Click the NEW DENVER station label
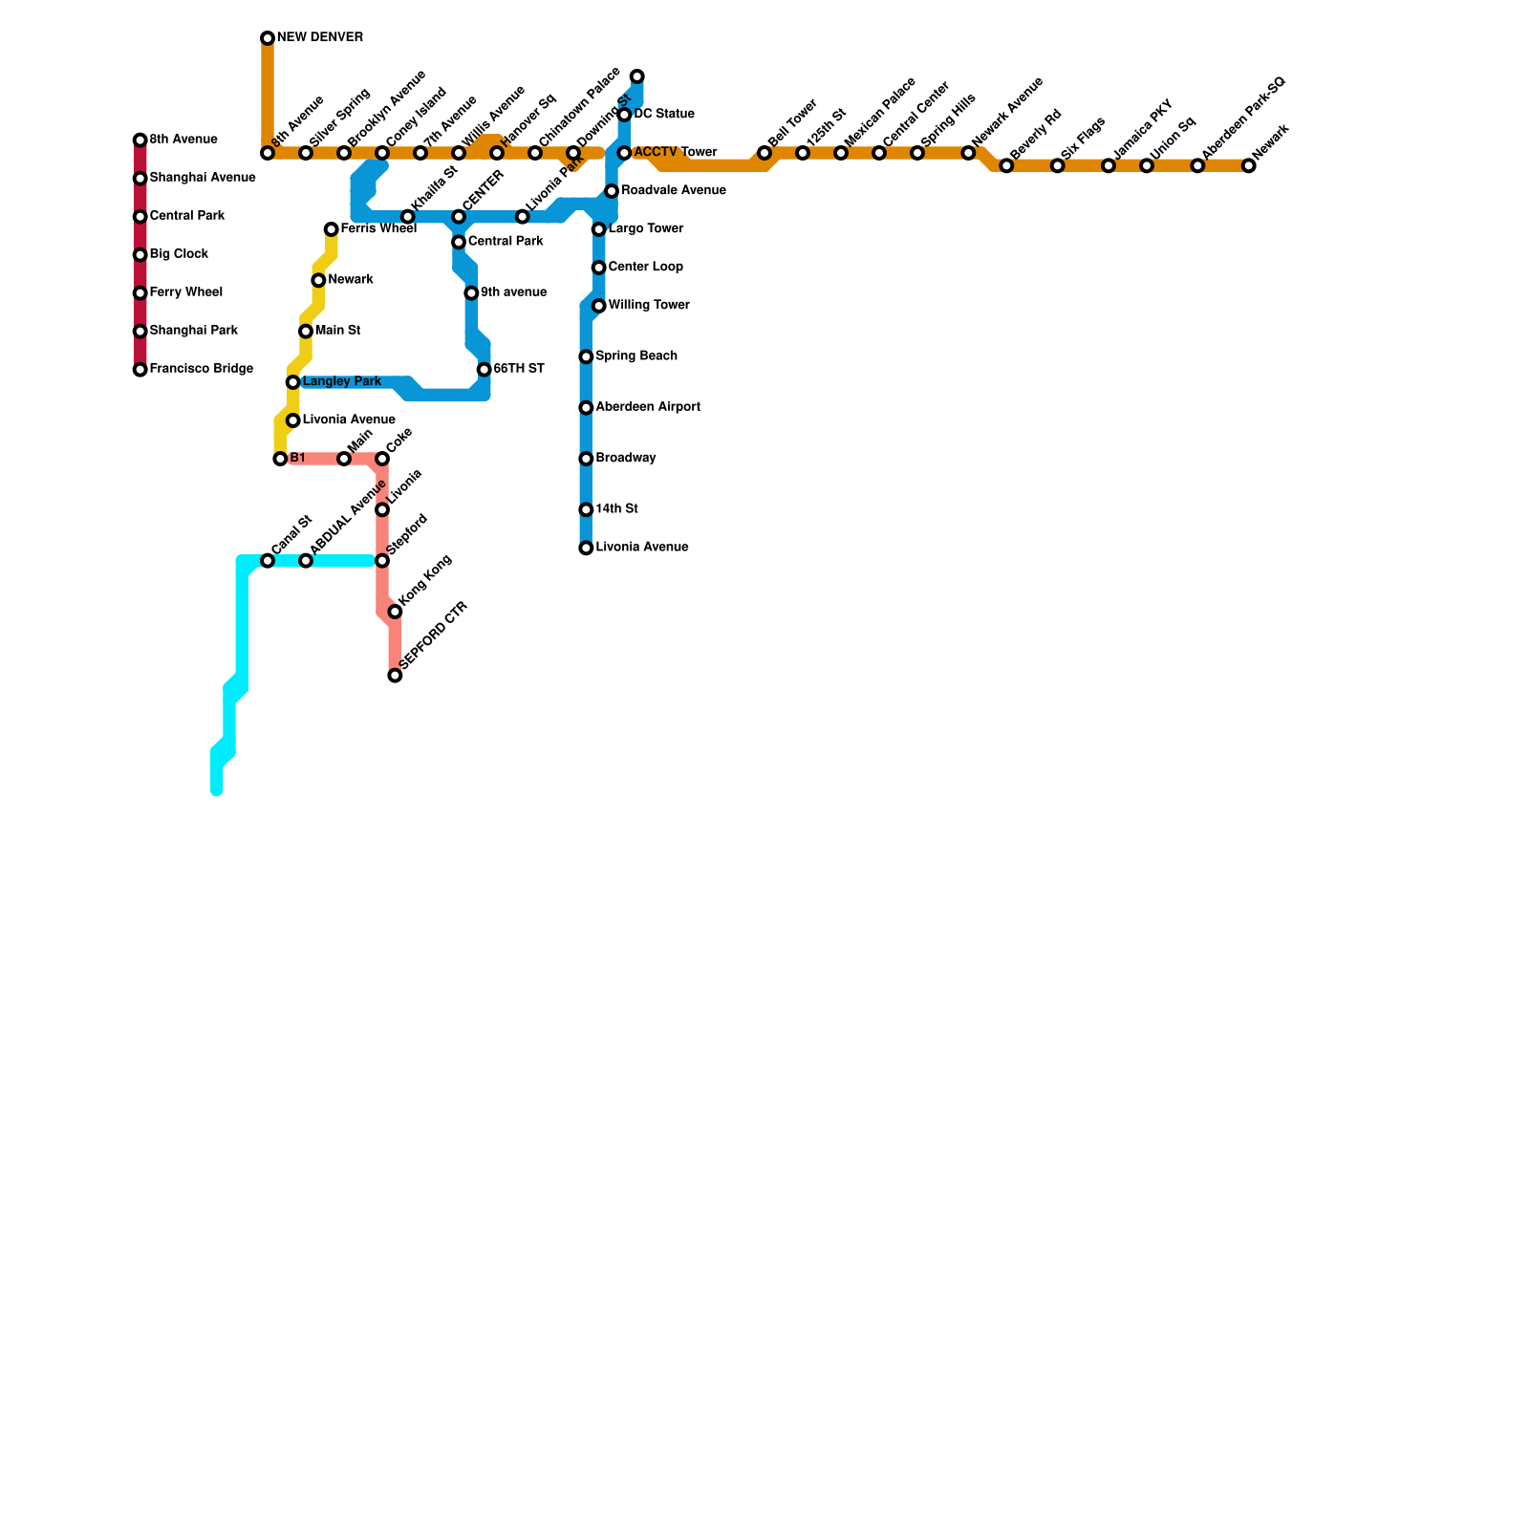319,38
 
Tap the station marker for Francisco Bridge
140,370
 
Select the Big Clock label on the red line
179,254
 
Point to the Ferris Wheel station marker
331,229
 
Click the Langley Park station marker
293,382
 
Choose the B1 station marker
280,459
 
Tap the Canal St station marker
268,561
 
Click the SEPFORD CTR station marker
395,676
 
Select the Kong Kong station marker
395,612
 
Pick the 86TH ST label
519,369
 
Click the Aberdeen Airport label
648,407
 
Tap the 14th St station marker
586,510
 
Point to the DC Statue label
664,115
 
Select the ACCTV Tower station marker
624,153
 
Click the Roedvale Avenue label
674,191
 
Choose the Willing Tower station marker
599,306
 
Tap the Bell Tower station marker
764,153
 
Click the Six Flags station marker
1058,166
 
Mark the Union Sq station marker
1147,166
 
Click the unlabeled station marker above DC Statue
637,76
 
